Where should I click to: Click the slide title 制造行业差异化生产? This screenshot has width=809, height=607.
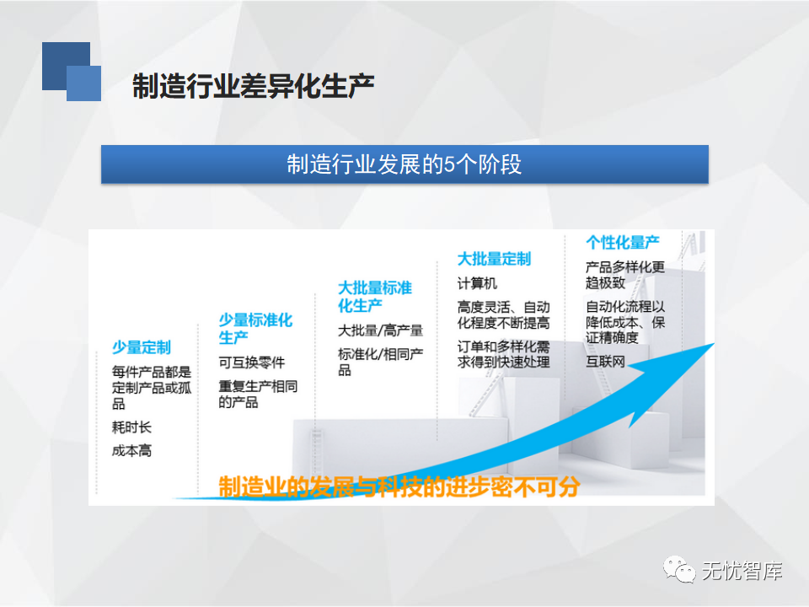coord(254,86)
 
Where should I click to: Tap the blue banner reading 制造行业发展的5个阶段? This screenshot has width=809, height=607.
coord(404,164)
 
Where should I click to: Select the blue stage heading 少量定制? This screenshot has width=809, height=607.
coord(142,347)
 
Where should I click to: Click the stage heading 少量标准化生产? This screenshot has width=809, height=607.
coord(255,328)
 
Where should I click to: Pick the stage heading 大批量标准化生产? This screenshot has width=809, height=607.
coord(374,296)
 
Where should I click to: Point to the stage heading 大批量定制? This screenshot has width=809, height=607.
coord(494,259)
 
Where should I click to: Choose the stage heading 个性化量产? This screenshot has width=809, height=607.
coord(622,242)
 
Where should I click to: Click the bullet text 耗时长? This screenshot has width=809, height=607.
coord(131,427)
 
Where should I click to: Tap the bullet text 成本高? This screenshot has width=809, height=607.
coord(131,450)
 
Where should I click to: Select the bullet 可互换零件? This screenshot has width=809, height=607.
coord(252,363)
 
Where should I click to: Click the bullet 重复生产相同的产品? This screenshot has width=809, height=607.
coord(258,394)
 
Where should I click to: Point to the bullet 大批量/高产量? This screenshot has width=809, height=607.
coord(380,330)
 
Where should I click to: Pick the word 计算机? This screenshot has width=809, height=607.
coord(477,283)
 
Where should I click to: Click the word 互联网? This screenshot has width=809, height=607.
coord(605,362)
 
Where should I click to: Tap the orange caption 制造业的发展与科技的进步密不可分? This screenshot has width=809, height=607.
coord(399,486)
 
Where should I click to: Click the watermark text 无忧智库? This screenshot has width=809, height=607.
coord(742,571)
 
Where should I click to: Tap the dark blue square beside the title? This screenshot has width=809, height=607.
coord(66,66)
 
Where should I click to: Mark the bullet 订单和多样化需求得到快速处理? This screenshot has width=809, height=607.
coord(503,354)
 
